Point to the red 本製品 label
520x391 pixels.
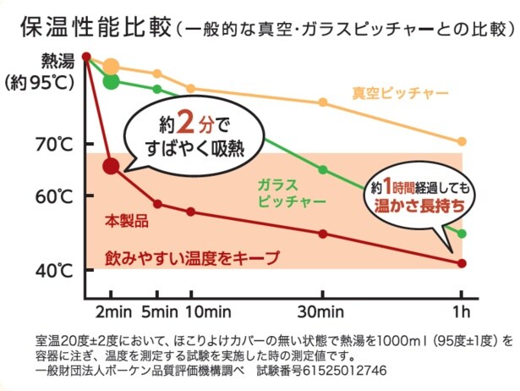click(x=127, y=222)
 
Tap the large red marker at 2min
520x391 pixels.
click(x=111, y=166)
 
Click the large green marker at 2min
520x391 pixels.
click(x=111, y=81)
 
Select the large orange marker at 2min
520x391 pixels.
click(x=111, y=67)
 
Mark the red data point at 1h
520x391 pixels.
click(x=462, y=263)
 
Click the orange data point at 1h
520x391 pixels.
click(x=462, y=141)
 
